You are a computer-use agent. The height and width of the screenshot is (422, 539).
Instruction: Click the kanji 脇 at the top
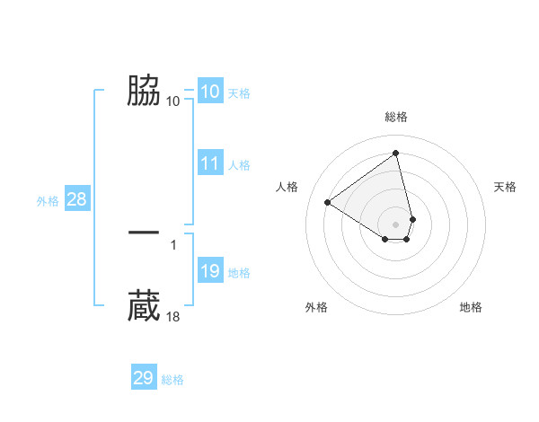pos(144,91)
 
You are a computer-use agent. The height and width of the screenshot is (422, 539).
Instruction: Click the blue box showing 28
pos(76,199)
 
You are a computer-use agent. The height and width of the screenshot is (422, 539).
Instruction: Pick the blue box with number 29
pos(144,378)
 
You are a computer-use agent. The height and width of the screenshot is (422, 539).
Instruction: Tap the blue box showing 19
pos(210,272)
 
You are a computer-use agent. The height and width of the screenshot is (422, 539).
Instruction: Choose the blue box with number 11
pos(210,163)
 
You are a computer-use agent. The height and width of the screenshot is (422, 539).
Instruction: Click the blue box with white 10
pos(210,92)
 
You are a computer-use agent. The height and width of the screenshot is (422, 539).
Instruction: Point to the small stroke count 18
pos(173,316)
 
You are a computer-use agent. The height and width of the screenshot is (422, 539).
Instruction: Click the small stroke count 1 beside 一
pos(172,244)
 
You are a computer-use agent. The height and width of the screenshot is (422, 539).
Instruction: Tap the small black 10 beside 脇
pos(173,101)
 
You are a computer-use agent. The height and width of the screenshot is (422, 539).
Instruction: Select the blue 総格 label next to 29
pos(172,380)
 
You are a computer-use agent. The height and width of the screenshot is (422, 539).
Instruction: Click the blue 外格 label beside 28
pos(48,201)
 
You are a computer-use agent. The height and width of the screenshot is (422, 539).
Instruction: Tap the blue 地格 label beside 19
pos(239,273)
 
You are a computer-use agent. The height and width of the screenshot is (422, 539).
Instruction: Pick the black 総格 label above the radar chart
pos(396,117)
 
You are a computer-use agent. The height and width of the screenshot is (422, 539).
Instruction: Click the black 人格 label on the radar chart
pos(287,187)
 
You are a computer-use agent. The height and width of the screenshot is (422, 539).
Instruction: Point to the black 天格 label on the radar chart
pos(505,187)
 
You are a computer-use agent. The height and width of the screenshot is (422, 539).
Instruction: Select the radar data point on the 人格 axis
pos(328,202)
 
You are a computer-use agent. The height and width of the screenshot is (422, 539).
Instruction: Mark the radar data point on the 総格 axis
pos(396,153)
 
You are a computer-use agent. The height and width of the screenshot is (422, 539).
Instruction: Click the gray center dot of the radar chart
pos(396,224)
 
